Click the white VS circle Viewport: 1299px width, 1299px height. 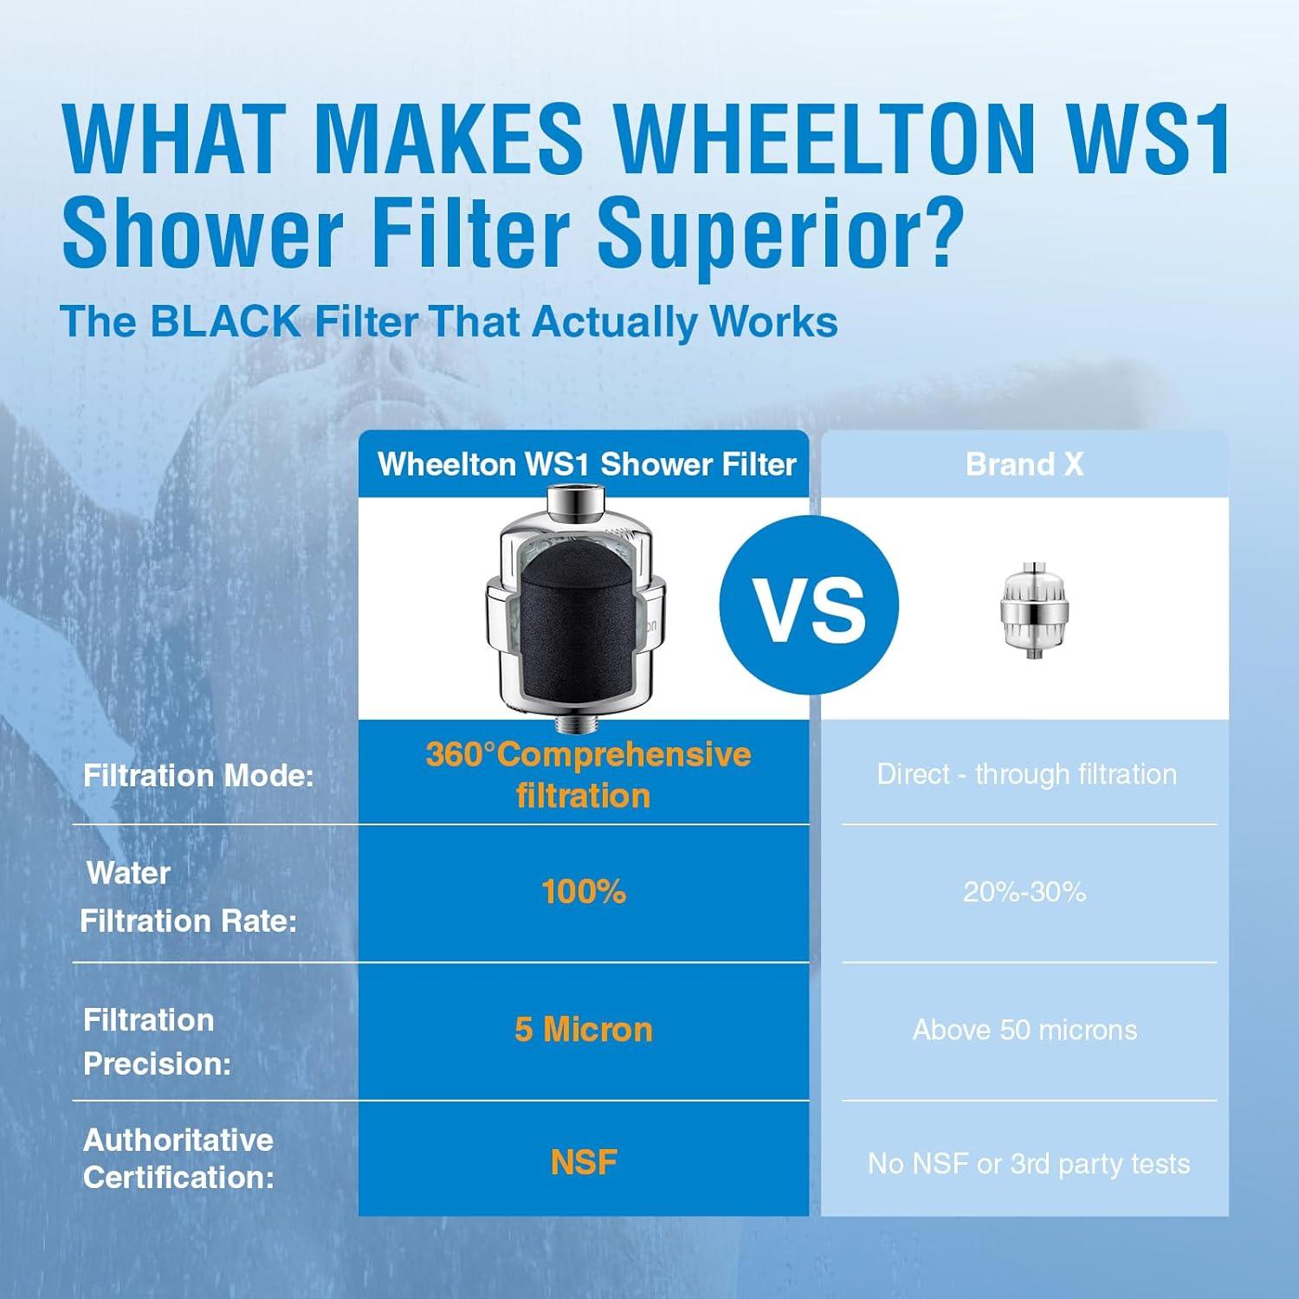click(810, 604)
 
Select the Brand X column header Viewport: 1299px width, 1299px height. click(1024, 465)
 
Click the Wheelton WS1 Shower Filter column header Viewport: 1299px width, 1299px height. click(586, 465)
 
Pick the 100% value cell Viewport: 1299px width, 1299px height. click(584, 892)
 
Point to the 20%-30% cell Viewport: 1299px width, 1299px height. click(1024, 892)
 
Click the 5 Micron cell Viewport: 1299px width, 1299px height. click(584, 1030)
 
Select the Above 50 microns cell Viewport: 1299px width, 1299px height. click(1024, 1030)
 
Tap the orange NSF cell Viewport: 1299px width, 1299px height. click(584, 1163)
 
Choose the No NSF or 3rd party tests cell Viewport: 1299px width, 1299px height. click(1028, 1164)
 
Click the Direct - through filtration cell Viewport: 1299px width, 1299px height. click(1026, 774)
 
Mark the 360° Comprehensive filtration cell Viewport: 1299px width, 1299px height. click(588, 774)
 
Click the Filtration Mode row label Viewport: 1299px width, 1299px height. click(197, 776)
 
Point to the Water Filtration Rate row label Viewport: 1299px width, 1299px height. click(188, 897)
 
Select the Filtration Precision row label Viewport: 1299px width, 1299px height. click(157, 1042)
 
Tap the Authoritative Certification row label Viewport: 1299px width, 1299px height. click(178, 1159)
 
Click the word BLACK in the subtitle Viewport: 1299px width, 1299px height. click(224, 322)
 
